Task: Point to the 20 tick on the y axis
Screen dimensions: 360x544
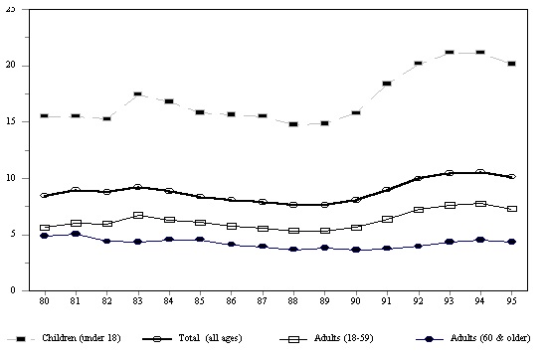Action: coord(11,66)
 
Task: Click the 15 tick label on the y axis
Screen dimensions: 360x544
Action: coord(11,121)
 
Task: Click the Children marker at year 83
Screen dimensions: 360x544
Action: coord(137,94)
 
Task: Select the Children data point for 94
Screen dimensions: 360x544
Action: coord(479,52)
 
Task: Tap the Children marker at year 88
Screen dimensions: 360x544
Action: coord(292,124)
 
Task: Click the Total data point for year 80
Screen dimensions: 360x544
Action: coord(44,196)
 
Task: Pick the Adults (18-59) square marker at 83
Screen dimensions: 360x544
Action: coord(137,215)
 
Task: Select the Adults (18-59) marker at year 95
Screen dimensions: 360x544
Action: coord(510,209)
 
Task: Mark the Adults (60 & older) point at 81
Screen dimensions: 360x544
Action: coord(75,234)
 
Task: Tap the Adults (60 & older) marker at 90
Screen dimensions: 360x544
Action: coord(355,250)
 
